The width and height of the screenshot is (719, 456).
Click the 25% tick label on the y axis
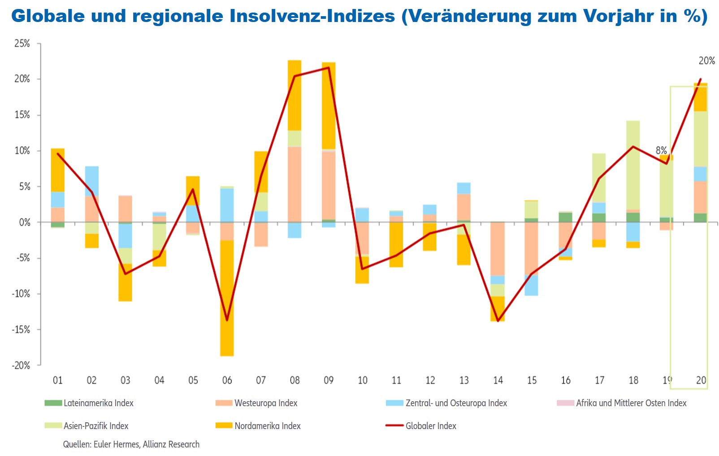[x=22, y=44]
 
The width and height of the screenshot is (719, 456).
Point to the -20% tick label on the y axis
[x=21, y=365]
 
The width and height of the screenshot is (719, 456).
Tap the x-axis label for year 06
[x=227, y=381]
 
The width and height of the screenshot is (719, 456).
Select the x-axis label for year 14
[x=498, y=381]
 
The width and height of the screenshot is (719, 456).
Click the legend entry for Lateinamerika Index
[x=98, y=403]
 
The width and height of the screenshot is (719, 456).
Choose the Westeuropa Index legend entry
[x=265, y=403]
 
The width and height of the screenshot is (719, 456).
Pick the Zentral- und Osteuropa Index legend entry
[x=456, y=403]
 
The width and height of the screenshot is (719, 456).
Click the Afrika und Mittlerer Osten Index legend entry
[x=631, y=403]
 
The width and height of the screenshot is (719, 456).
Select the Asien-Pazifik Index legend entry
[x=95, y=426]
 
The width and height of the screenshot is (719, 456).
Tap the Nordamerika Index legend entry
[x=267, y=426]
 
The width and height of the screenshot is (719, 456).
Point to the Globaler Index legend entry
[x=430, y=426]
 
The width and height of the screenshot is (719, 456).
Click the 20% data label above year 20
[x=706, y=61]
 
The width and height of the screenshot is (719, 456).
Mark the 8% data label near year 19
[x=661, y=150]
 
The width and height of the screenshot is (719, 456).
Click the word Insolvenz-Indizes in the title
[x=312, y=16]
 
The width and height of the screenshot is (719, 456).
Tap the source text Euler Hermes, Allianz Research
[x=146, y=444]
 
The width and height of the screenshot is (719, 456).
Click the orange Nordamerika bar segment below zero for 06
[x=227, y=298]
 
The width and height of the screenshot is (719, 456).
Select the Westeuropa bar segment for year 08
[x=295, y=184]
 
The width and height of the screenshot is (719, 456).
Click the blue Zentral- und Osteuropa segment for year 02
[x=92, y=181]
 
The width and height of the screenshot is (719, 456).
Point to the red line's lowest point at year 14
[x=498, y=321]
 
